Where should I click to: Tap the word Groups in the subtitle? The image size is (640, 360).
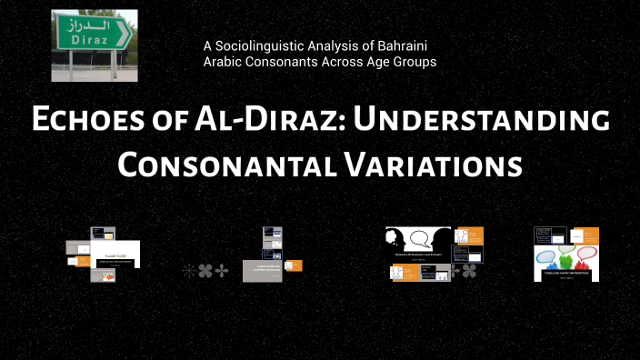413,62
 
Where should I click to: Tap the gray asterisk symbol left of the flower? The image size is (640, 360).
188,270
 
